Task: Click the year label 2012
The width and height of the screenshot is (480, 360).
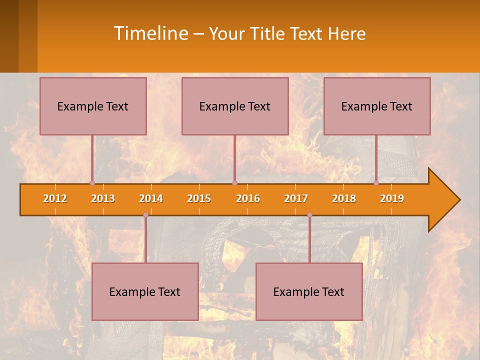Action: click(55, 198)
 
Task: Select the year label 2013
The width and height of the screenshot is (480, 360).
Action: click(103, 198)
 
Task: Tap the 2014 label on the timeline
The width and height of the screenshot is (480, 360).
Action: click(151, 198)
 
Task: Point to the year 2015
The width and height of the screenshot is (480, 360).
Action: click(199, 198)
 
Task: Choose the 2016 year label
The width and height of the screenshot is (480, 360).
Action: click(248, 198)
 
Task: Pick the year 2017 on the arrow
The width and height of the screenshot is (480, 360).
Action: click(296, 198)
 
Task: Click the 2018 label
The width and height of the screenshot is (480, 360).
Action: click(344, 198)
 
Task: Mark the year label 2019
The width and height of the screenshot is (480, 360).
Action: click(392, 198)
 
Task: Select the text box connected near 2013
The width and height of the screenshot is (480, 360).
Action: click(93, 106)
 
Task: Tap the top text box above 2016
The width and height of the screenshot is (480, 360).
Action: click(235, 106)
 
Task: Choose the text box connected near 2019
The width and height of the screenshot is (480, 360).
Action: click(377, 106)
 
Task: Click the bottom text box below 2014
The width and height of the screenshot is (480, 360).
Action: click(145, 291)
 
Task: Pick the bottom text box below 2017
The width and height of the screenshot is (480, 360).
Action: click(309, 291)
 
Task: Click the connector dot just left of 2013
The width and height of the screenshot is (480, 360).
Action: click(92, 183)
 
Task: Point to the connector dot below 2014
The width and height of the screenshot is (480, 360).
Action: click(145, 215)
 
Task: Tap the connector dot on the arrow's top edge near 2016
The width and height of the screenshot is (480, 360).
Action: click(234, 183)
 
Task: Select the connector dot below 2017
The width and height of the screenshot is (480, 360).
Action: click(309, 215)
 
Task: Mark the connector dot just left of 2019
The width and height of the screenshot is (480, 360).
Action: click(376, 183)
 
